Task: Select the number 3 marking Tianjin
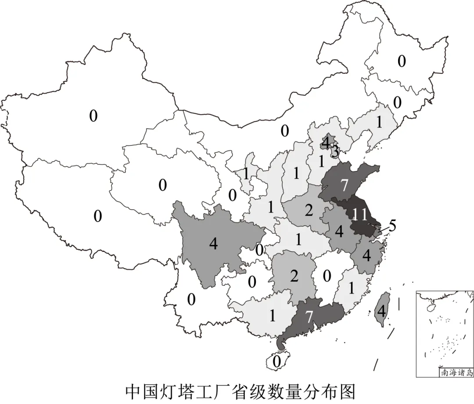point(334,152)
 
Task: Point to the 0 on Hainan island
point(276,361)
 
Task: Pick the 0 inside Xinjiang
point(93,116)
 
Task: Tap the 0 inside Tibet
point(97,215)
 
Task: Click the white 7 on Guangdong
point(309,317)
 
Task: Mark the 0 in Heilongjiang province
point(402,61)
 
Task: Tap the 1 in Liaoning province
point(379,123)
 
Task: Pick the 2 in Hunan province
point(294,277)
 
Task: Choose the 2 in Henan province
point(309,211)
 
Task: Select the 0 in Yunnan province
point(191,300)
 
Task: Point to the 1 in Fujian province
point(351,288)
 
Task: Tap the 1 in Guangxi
point(272,316)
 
